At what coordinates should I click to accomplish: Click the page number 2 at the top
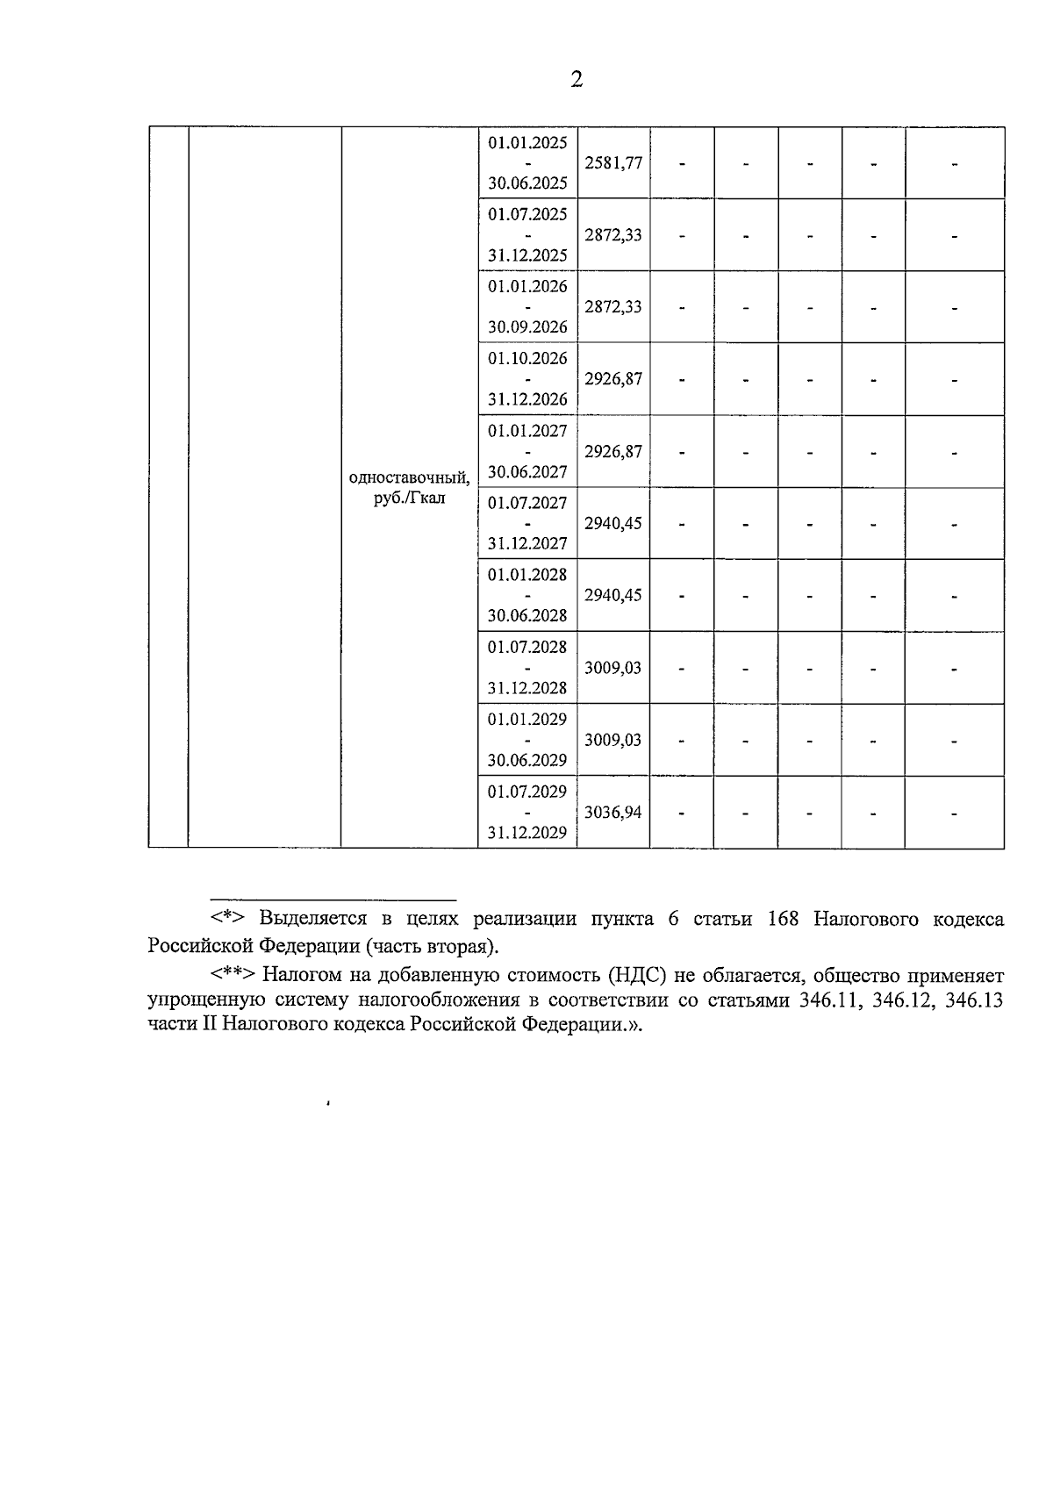(x=577, y=80)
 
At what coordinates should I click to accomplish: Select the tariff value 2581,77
(x=613, y=163)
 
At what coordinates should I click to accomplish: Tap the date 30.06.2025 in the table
(x=527, y=183)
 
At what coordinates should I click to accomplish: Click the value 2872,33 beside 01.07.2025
(x=613, y=235)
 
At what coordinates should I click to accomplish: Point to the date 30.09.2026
(x=527, y=327)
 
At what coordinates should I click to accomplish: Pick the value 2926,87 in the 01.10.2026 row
(x=613, y=379)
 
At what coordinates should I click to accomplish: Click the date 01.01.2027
(x=527, y=431)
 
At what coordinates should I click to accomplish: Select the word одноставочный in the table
(x=409, y=478)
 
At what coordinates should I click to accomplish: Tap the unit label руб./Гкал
(x=409, y=498)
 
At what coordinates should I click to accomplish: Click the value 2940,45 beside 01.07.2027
(x=613, y=523)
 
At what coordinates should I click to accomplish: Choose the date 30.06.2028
(x=527, y=615)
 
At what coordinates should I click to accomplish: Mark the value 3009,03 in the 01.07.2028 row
(x=613, y=668)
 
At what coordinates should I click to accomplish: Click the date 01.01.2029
(x=527, y=720)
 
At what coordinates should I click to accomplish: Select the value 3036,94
(x=613, y=812)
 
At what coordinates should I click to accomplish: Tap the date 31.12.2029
(x=527, y=833)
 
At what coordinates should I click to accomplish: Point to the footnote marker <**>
(x=233, y=975)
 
